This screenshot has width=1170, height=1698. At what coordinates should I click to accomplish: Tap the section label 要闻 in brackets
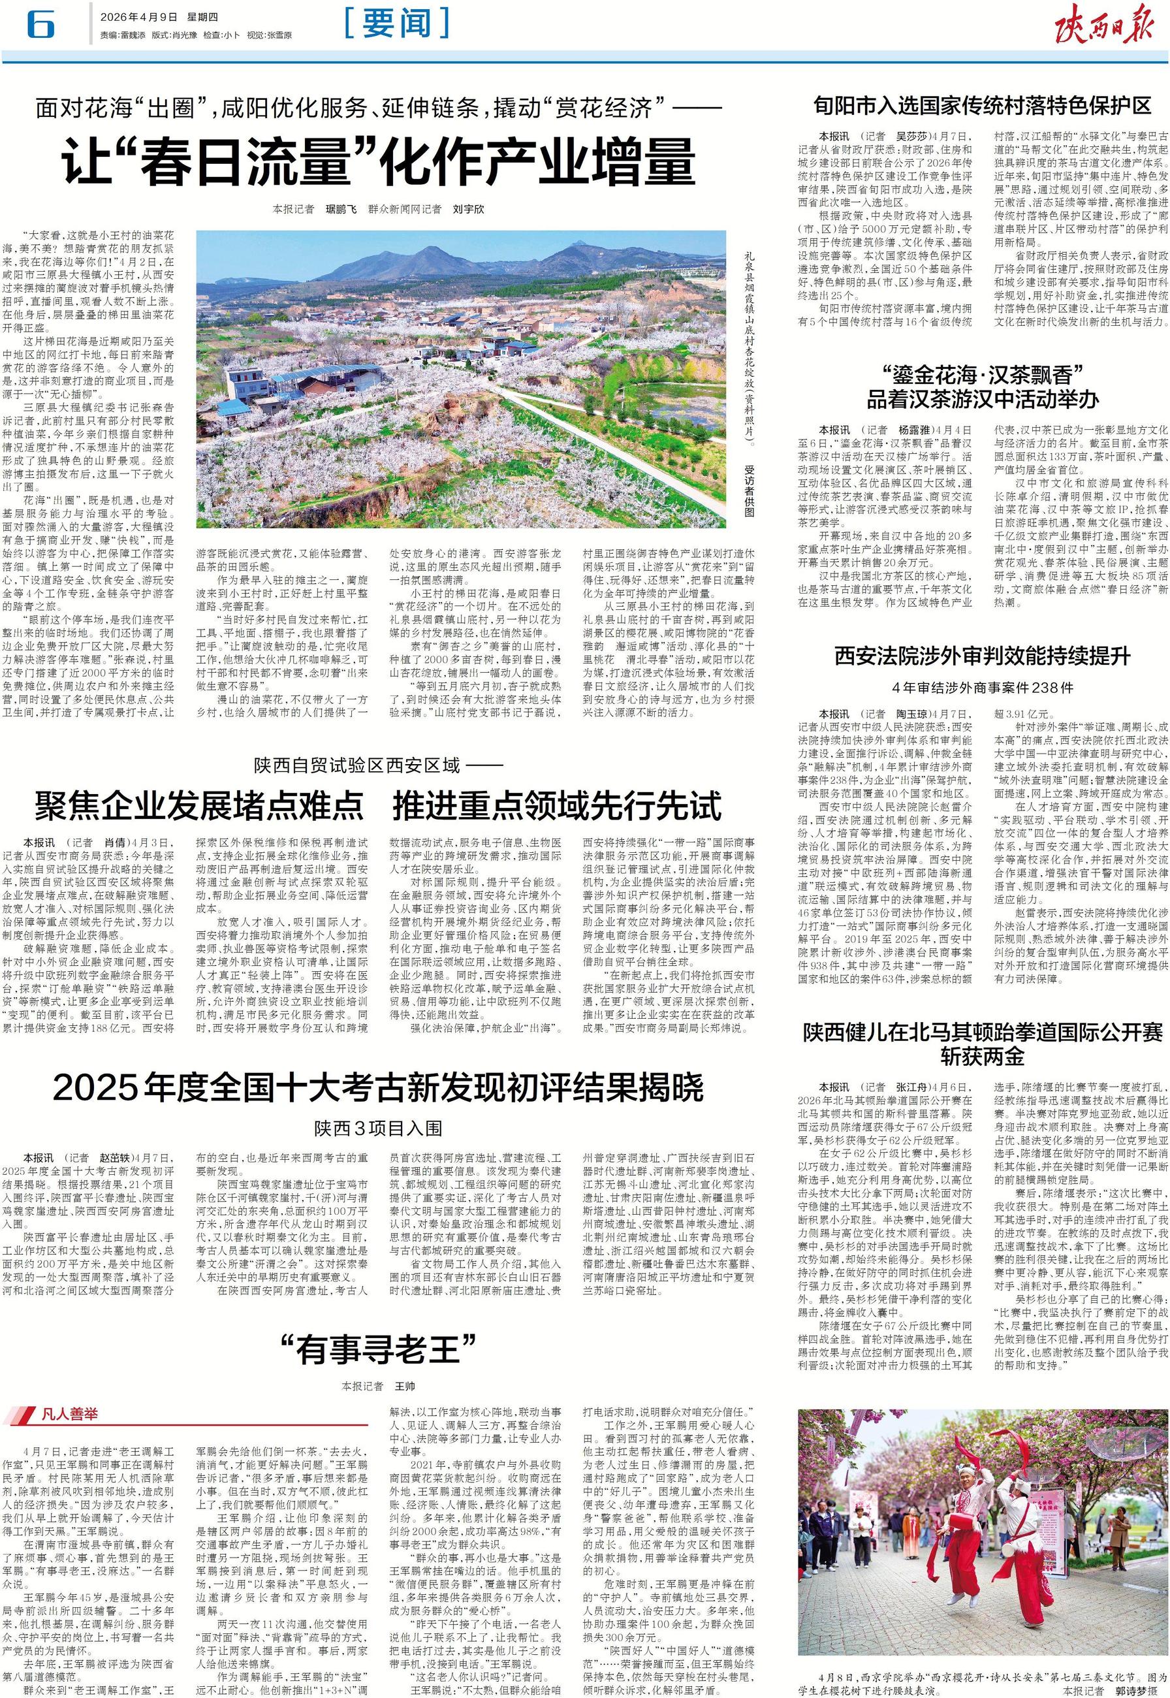pos(398,24)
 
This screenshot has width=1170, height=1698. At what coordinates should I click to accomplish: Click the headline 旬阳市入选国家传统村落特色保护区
pos(983,106)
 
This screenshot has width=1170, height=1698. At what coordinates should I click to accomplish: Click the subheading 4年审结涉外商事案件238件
pos(983,688)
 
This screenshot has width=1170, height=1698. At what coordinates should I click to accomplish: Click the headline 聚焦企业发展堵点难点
pos(199,807)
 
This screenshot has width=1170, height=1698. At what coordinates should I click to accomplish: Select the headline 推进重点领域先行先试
pos(556,807)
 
